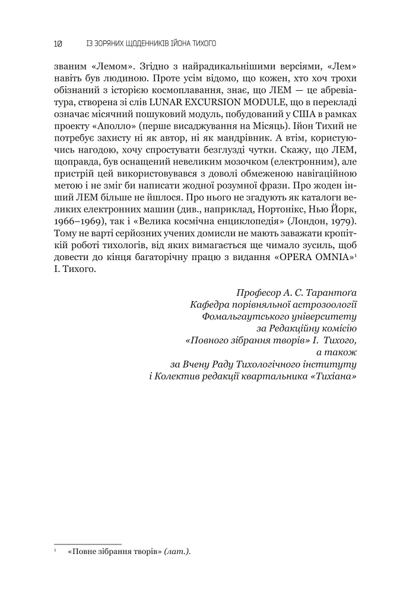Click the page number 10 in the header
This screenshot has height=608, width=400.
click(58, 43)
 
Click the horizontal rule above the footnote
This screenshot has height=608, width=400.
click(87, 543)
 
